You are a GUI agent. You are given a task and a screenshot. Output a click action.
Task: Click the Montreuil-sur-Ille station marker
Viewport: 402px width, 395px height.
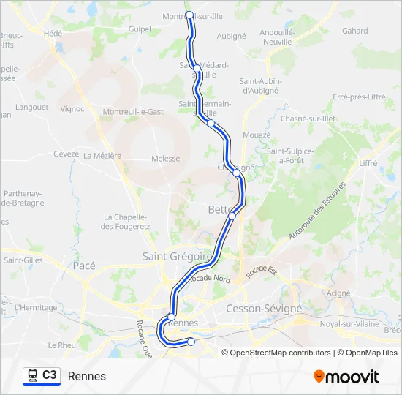[190, 15]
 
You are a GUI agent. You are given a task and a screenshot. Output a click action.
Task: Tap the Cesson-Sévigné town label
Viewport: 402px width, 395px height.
[264, 309]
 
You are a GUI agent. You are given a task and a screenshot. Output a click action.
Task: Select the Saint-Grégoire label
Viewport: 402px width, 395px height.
[177, 256]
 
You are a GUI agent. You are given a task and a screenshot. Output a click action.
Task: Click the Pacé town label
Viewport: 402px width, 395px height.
[84, 266]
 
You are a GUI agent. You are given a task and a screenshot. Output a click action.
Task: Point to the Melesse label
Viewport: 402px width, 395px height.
[165, 159]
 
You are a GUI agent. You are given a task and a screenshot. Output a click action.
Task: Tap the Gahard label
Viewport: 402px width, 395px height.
[355, 31]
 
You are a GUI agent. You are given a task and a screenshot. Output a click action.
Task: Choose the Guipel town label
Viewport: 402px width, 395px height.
[139, 29]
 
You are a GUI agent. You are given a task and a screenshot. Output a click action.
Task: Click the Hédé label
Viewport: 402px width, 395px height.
[53, 33]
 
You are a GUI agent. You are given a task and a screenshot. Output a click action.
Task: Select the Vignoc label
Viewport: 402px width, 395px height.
[72, 109]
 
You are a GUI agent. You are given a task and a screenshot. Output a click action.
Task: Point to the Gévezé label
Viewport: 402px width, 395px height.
[66, 154]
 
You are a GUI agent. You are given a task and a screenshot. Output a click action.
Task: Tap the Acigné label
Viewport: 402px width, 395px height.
[338, 293]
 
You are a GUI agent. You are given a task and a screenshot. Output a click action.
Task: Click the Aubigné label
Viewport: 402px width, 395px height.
[232, 35]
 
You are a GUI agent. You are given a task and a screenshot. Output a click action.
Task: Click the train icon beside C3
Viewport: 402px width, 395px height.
[32, 375]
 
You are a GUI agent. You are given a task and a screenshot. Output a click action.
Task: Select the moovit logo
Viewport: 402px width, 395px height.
[346, 376]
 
